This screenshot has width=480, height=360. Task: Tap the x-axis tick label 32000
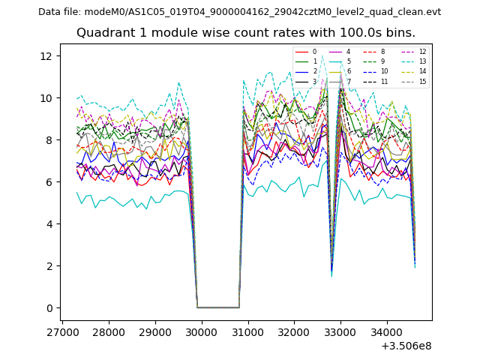tap(293, 331)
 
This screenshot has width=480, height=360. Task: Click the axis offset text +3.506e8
tap(406, 346)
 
